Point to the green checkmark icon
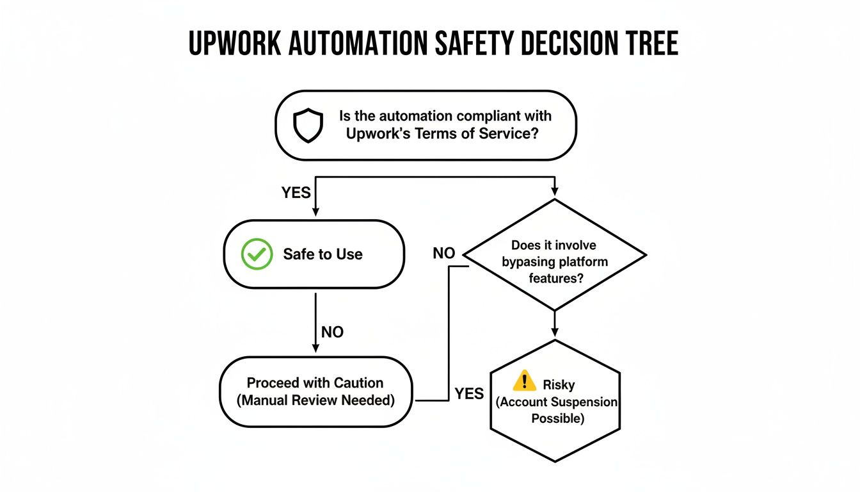click(x=256, y=254)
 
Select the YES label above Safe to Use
click(x=296, y=192)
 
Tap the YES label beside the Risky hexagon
click(x=469, y=393)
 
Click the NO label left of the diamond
click(x=443, y=253)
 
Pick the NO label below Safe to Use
click(x=332, y=332)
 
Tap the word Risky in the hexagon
click(x=559, y=385)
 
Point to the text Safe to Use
click(x=322, y=254)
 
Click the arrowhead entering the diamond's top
click(x=554, y=191)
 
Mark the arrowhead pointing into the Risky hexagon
click(x=554, y=332)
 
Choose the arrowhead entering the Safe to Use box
click(x=315, y=213)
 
